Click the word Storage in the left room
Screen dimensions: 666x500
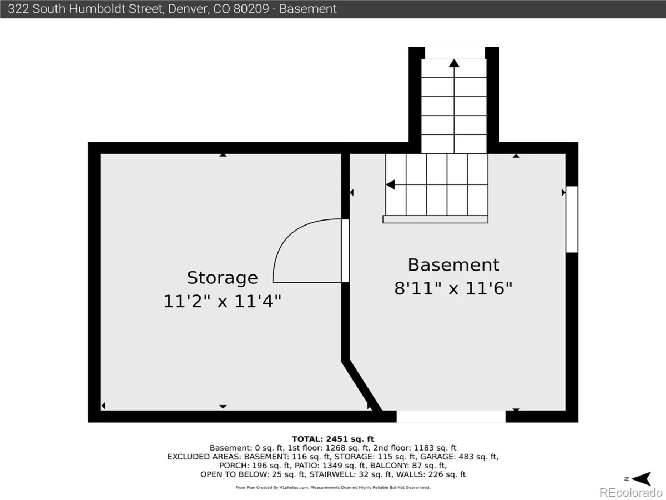pyautogui.click(x=223, y=278)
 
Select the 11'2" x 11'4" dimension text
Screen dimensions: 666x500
pyautogui.click(x=223, y=301)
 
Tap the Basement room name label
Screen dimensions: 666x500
pyautogui.click(x=453, y=265)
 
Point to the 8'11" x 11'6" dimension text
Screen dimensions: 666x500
pyautogui.click(x=453, y=288)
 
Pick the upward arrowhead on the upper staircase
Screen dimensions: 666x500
pyautogui.click(x=454, y=63)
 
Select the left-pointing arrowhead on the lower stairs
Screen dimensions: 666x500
pyautogui.click(x=391, y=184)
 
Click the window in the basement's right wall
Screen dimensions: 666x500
pyautogui.click(x=572, y=219)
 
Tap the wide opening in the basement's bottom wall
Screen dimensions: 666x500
pyautogui.click(x=451, y=416)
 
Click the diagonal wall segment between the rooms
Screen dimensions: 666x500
pyautogui.click(x=362, y=386)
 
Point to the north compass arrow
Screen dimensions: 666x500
pyautogui.click(x=641, y=479)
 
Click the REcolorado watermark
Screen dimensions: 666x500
pyautogui.click(x=630, y=492)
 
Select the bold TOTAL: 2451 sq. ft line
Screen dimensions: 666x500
pyautogui.click(x=333, y=439)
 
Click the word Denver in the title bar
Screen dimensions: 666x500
pyautogui.click(x=188, y=9)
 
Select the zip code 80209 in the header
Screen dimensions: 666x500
pyautogui.click(x=251, y=9)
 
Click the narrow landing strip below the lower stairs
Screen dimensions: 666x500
pyautogui.click(x=436, y=219)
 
